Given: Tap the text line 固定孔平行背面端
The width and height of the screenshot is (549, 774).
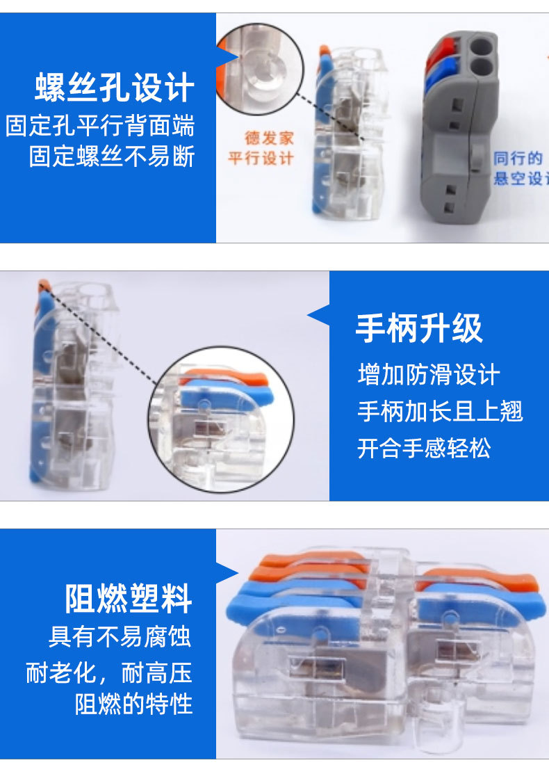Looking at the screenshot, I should [100, 127].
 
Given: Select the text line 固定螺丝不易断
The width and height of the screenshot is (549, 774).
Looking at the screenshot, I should [112, 156].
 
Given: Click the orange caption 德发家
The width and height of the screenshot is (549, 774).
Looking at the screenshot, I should [269, 138].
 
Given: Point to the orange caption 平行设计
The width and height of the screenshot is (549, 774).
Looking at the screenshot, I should [261, 159].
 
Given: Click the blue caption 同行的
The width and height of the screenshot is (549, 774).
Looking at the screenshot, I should [518, 159].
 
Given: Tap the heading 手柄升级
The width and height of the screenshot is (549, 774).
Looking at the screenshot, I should [419, 328].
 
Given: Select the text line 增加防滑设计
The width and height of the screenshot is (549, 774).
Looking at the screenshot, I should [429, 375].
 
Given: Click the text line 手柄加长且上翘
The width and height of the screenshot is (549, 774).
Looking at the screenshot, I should [440, 411].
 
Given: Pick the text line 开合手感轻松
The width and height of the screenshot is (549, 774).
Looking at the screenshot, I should [424, 448].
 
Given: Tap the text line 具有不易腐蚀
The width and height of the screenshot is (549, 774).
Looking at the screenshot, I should [120, 636].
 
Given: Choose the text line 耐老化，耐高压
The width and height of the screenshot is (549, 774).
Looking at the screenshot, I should [109, 672].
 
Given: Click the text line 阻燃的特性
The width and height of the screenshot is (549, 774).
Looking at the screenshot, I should [133, 704].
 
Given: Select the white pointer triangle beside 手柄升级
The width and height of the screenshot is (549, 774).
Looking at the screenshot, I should [320, 316].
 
